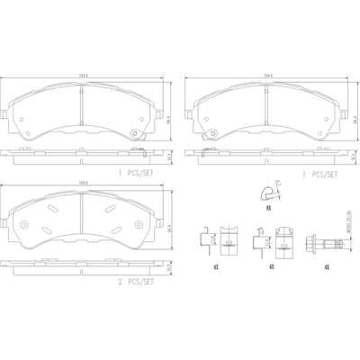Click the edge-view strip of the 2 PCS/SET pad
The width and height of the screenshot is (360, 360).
(84, 268)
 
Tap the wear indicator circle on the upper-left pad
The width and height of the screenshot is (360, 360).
(134, 136)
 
